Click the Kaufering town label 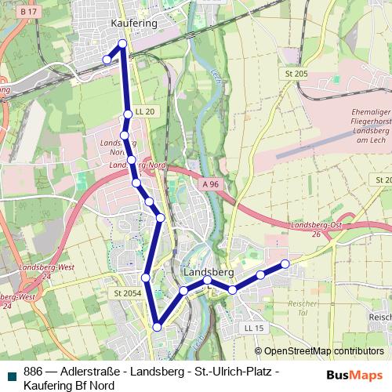coord(135,24)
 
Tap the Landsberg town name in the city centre coord(208,271)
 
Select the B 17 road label coord(29,12)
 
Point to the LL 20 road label coord(145,112)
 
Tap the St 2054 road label coord(126,293)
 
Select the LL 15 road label coord(253,327)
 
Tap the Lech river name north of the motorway coord(214,77)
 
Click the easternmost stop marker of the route coord(285,263)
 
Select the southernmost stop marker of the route coord(157,327)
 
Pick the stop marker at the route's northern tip coord(122,43)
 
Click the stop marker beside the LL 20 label coord(128,115)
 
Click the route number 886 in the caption coord(33,372)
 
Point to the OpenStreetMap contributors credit coord(323,351)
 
